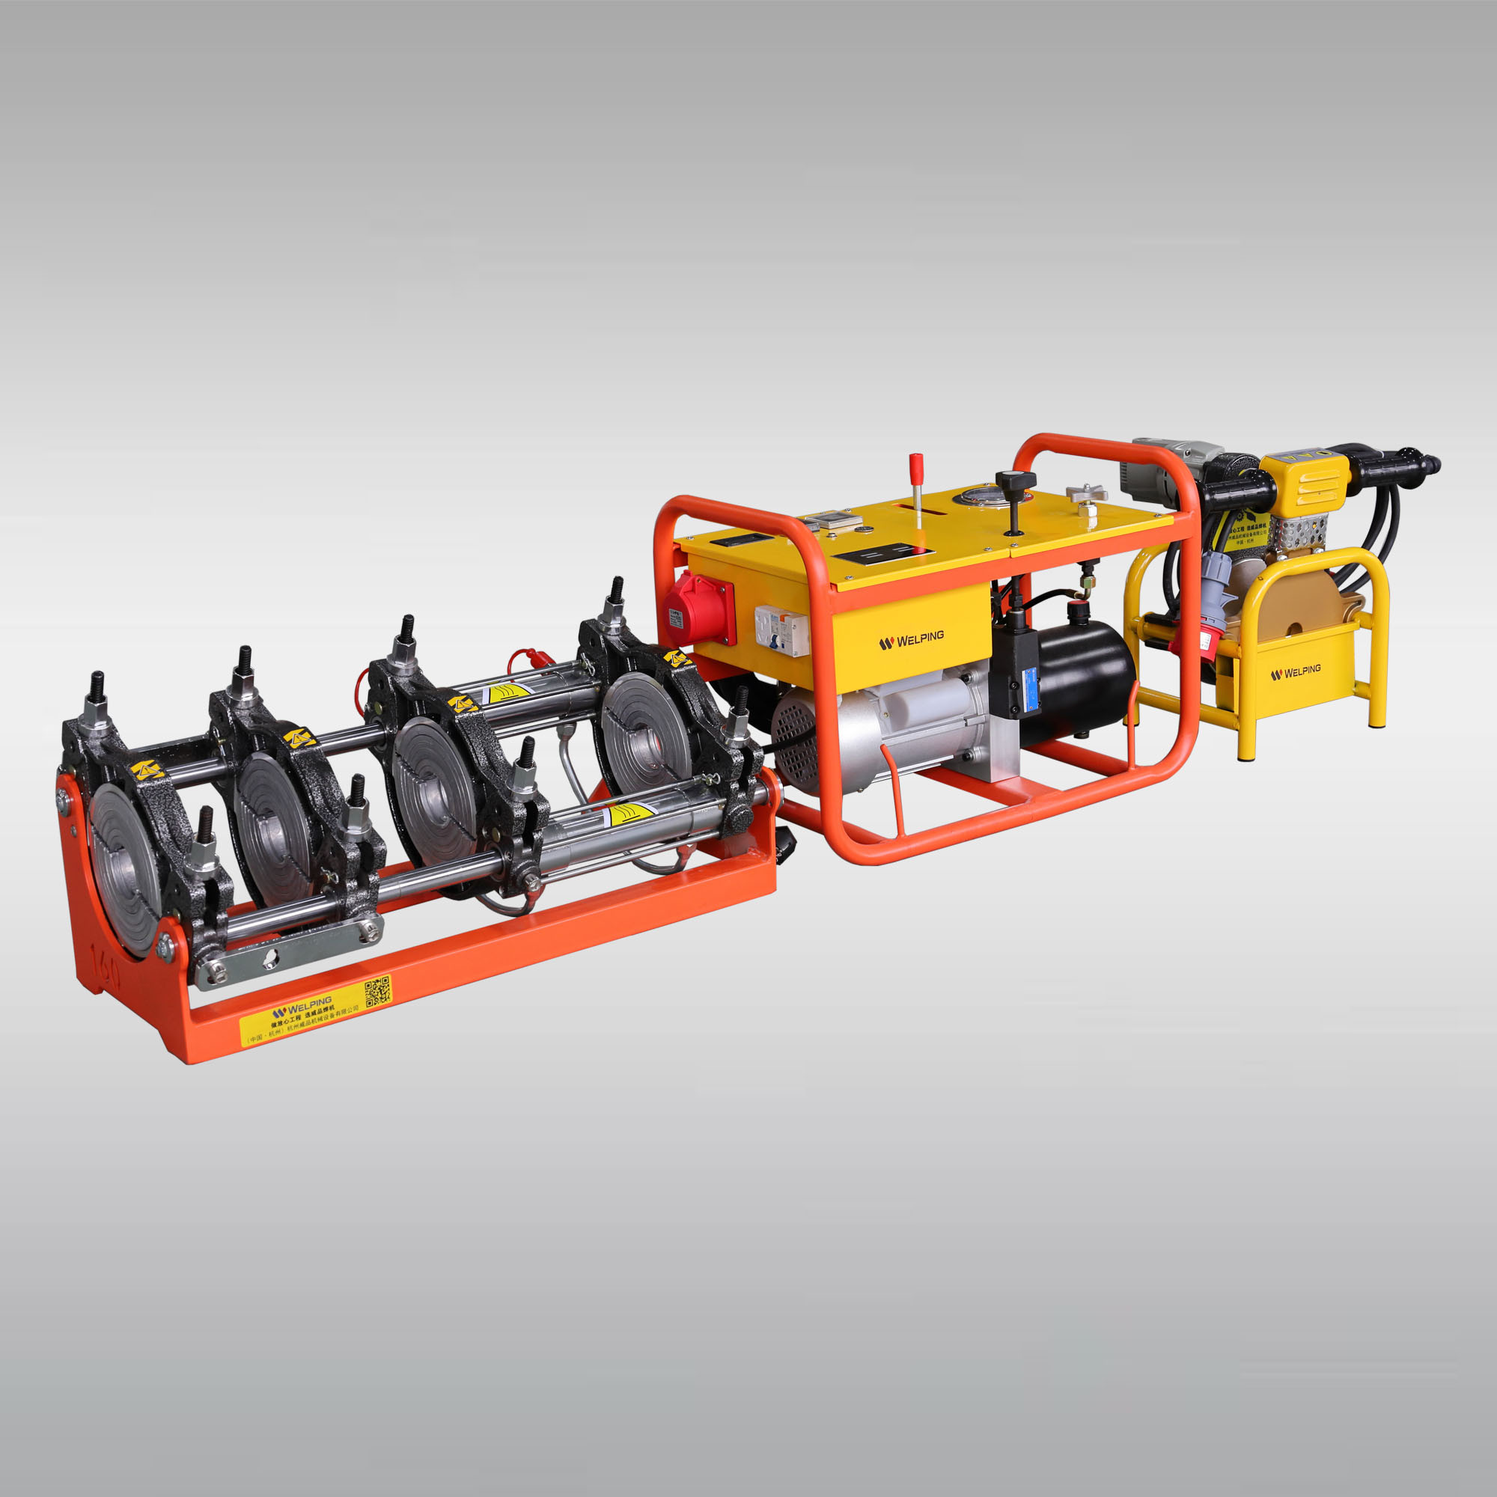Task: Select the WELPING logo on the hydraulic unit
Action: pos(911,640)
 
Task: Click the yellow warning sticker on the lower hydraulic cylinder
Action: pos(629,813)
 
